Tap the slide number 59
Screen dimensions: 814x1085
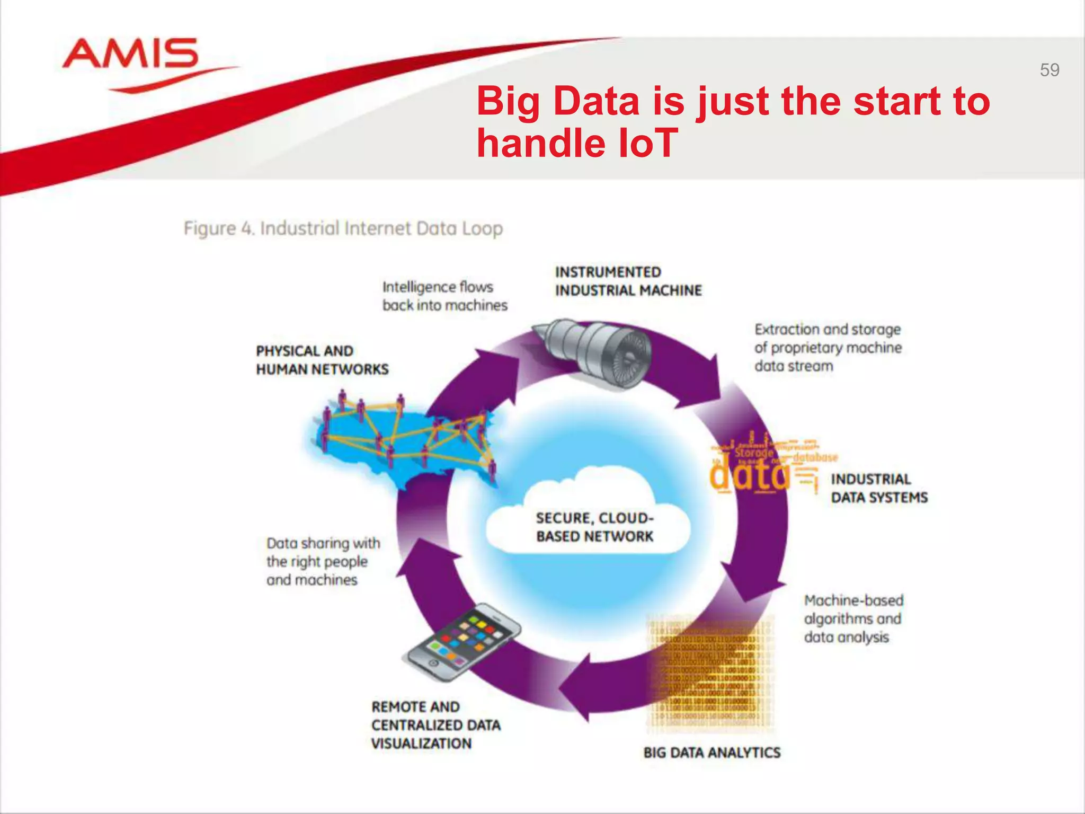click(x=1049, y=70)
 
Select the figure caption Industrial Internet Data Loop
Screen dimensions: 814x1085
click(x=343, y=229)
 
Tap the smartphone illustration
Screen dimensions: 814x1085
click(x=461, y=642)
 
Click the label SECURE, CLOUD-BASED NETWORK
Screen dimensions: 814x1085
click(x=594, y=527)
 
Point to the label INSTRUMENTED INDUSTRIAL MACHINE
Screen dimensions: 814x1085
click(x=628, y=281)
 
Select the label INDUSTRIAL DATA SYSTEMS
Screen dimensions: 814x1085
click(x=878, y=488)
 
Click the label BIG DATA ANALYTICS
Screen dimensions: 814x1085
click(x=712, y=753)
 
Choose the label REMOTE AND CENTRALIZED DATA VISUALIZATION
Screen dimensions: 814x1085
click(x=435, y=725)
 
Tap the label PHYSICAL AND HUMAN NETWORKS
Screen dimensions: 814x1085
click(x=322, y=360)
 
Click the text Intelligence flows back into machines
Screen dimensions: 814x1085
click(x=444, y=296)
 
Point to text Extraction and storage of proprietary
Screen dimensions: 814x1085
click(x=828, y=348)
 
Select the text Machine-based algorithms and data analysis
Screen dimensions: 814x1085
click(x=853, y=618)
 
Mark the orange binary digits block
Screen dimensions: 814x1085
click(x=710, y=673)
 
